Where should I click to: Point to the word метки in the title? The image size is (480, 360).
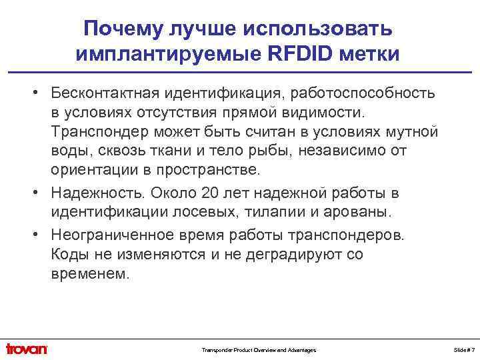coord(373,53)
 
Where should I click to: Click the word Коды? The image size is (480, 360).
coord(70,255)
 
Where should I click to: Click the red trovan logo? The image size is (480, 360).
coord(27,349)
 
